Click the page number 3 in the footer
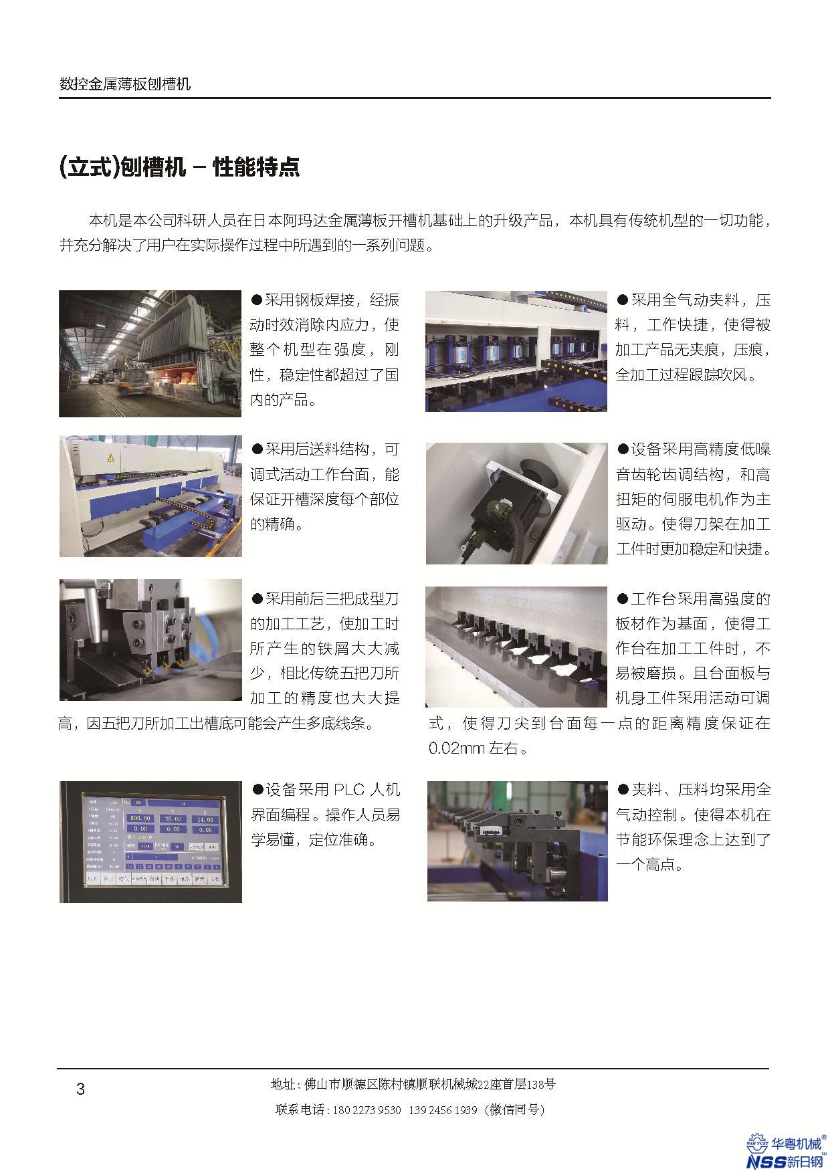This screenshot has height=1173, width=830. coord(81,1089)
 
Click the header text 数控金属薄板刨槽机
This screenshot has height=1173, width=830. coord(125,84)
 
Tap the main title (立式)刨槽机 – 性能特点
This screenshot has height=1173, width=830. coord(179,167)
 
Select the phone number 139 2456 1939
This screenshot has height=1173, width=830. coord(442,1110)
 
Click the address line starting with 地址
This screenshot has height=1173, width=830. coord(413,1084)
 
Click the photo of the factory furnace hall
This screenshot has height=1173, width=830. coord(150,354)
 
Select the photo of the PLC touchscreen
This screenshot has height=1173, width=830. coord(150,841)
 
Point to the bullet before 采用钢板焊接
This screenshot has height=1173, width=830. coord(257,299)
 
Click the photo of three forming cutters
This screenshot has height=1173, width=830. coord(150,640)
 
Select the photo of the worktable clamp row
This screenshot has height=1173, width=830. coord(517,647)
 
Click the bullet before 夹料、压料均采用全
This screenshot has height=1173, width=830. coord(623,790)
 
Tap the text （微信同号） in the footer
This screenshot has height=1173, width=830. coord(516,1110)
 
